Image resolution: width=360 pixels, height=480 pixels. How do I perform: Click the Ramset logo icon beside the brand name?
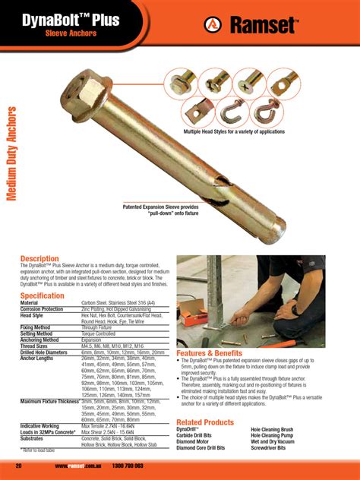[x=212, y=26]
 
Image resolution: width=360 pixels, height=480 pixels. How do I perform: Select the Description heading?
[x=39, y=259]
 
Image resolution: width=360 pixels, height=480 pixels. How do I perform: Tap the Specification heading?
[x=43, y=295]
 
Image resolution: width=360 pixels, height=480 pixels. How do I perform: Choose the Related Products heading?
[x=205, y=422]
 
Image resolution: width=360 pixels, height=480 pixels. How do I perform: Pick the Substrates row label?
[x=35, y=439]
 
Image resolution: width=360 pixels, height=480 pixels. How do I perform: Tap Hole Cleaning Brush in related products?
[x=276, y=429]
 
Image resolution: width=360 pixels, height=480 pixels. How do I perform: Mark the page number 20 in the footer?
[x=18, y=466]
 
